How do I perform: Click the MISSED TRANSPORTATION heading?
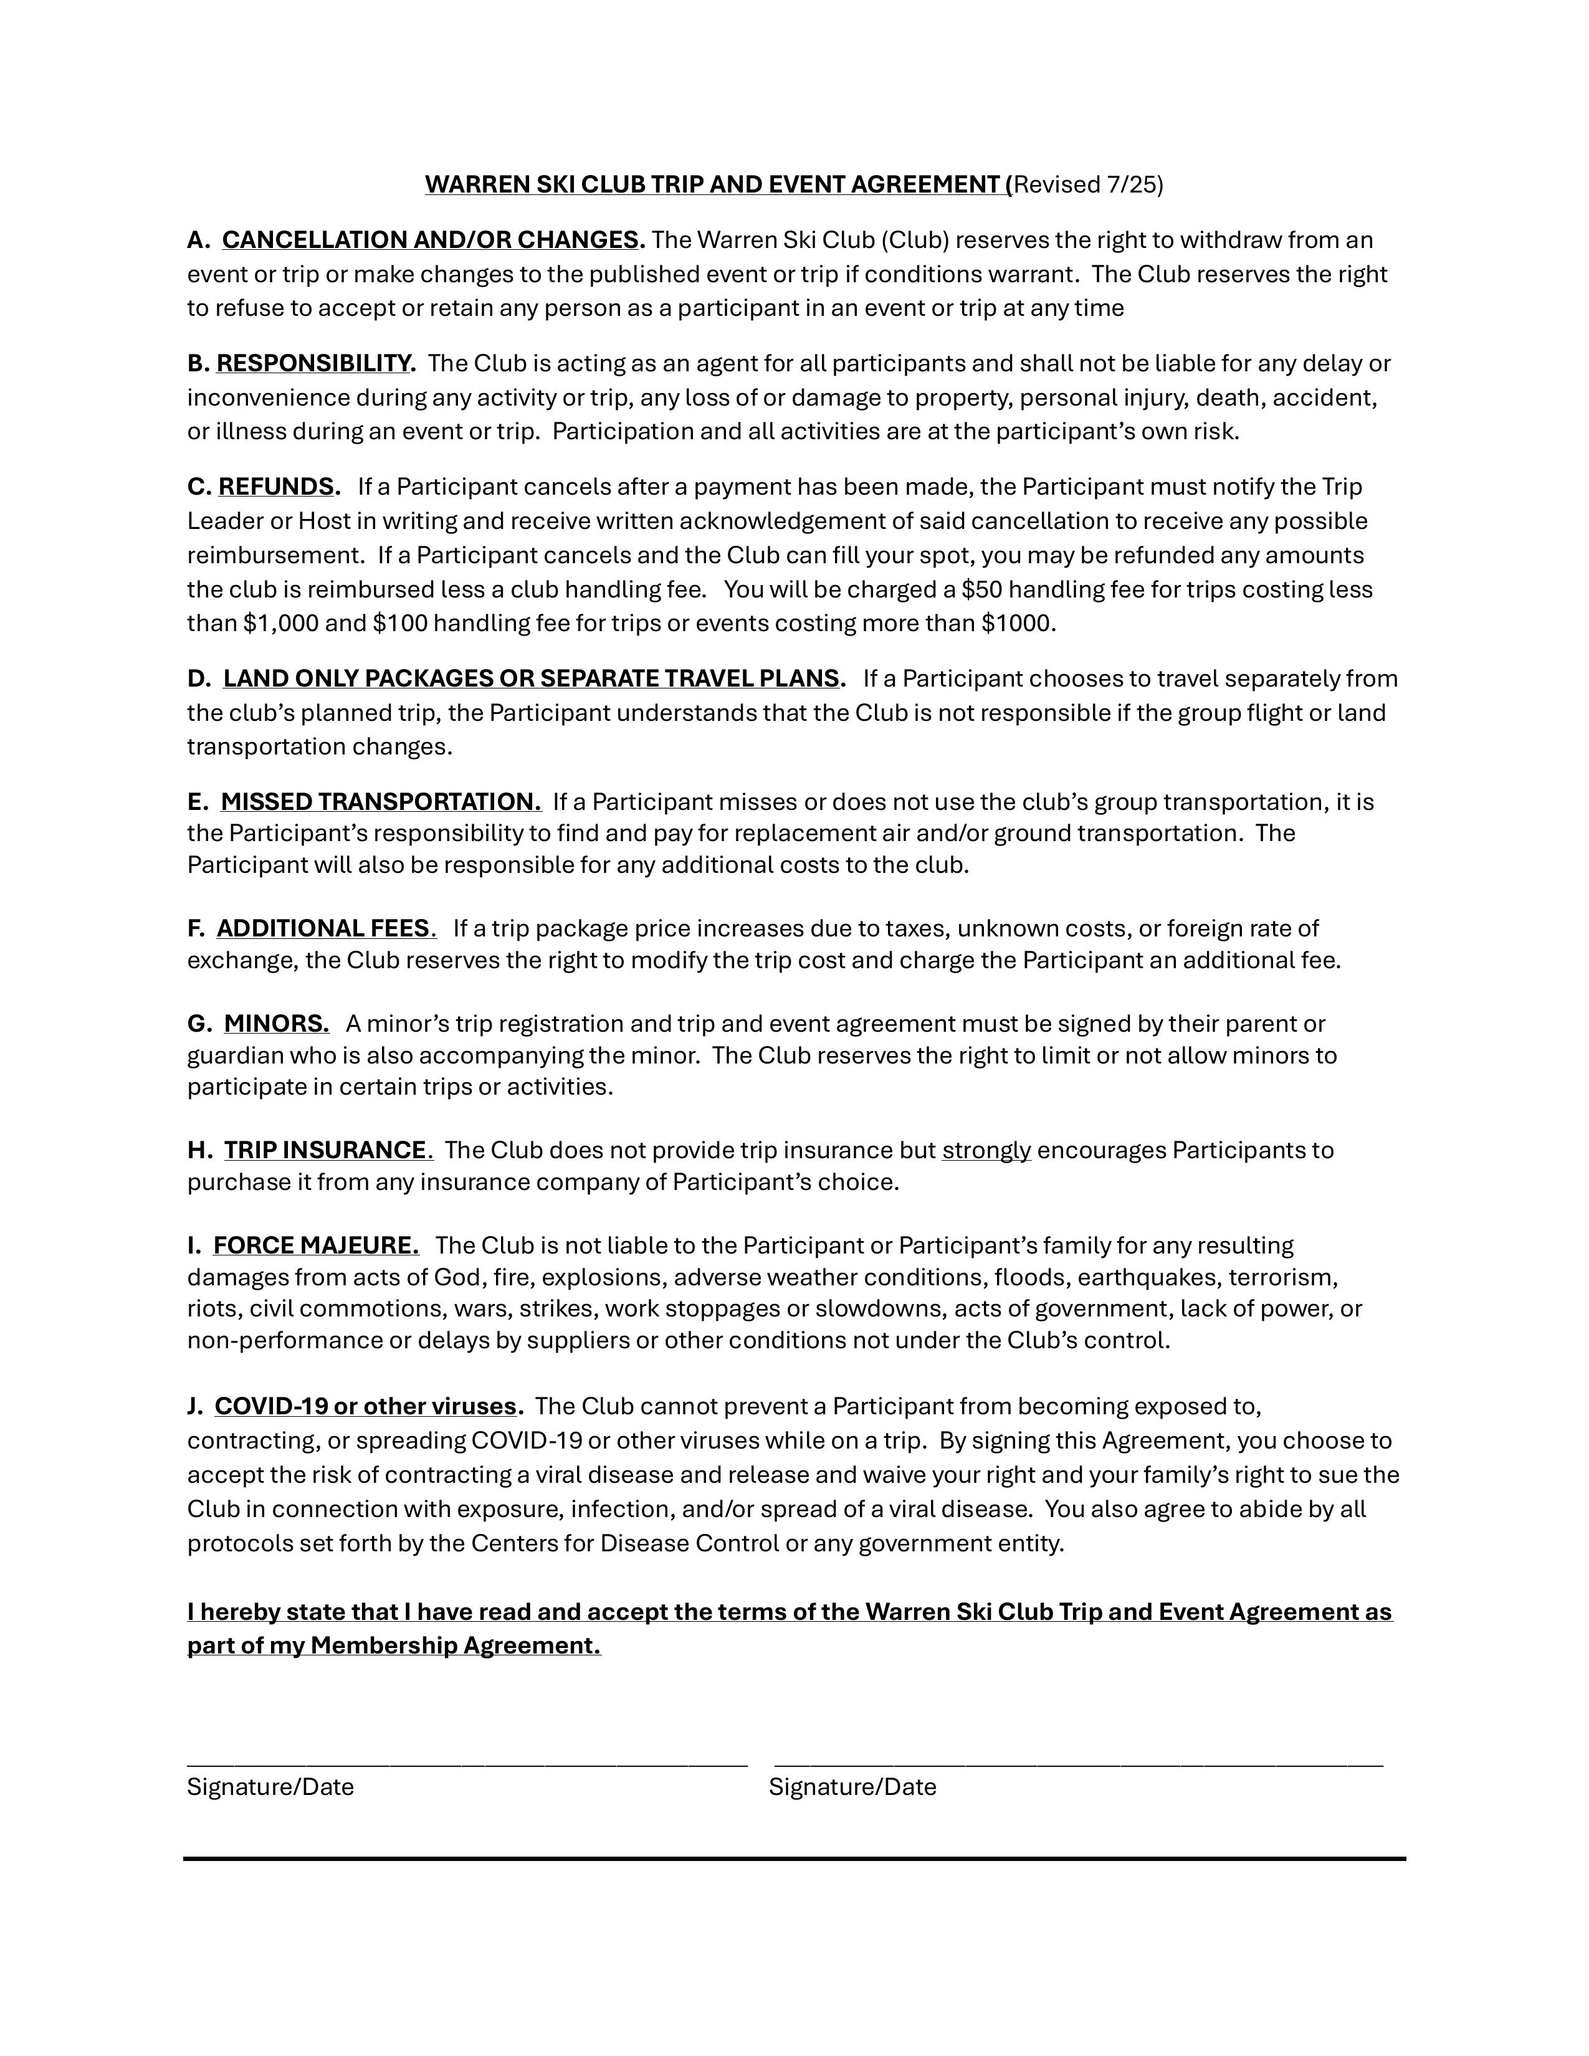[x=380, y=801]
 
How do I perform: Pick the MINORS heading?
[x=276, y=1023]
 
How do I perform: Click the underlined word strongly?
[x=986, y=1150]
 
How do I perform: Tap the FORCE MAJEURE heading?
[x=315, y=1245]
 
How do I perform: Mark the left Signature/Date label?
[x=270, y=1787]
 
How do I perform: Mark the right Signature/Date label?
[x=852, y=1787]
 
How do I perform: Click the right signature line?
[x=1078, y=1763]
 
